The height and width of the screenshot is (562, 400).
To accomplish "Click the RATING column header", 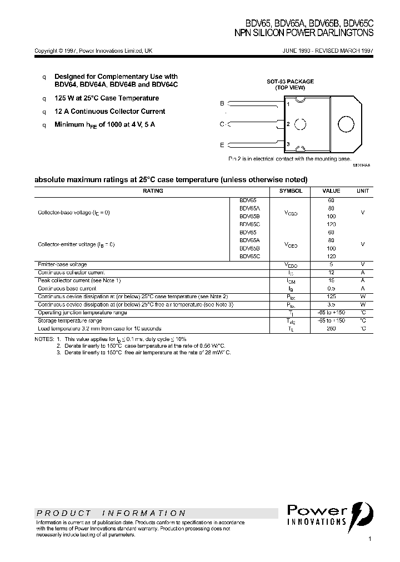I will click(x=153, y=191).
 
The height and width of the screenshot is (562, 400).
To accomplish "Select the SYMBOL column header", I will click(x=291, y=191).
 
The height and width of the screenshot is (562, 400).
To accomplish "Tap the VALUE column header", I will click(x=331, y=191).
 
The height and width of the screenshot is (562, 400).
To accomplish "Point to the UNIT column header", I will click(x=362, y=191).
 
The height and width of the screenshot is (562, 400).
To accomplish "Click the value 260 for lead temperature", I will click(x=331, y=329).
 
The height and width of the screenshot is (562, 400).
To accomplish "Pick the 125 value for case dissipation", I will click(x=331, y=297).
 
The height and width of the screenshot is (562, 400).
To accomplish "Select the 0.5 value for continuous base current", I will click(x=331, y=289).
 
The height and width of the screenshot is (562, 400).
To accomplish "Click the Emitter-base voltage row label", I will click(x=62, y=265).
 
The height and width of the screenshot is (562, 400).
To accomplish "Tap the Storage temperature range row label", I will click(x=69, y=321).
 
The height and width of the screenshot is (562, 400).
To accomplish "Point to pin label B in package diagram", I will click(x=222, y=104).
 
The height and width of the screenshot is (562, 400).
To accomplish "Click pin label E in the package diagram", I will click(x=222, y=145).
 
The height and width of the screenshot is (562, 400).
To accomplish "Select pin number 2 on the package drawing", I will click(x=288, y=124).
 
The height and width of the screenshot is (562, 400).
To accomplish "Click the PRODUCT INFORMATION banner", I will click(x=111, y=514).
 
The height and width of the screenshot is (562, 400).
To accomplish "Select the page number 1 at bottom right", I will click(x=370, y=539).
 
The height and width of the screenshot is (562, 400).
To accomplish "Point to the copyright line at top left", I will click(x=93, y=51).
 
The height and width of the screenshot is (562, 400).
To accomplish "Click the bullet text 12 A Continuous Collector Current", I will click(x=109, y=112).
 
